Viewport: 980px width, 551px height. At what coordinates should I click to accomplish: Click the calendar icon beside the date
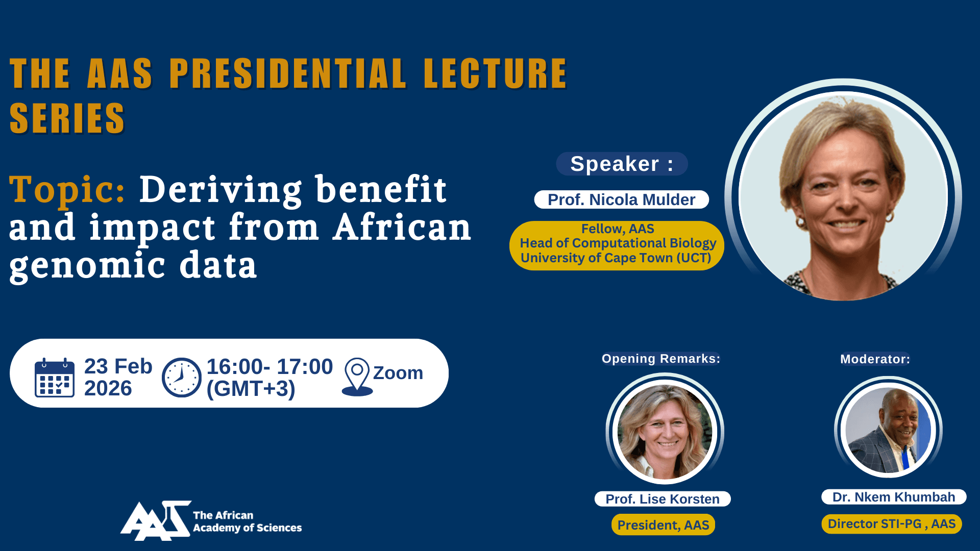click(55, 378)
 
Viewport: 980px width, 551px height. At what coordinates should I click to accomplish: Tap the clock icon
click(181, 378)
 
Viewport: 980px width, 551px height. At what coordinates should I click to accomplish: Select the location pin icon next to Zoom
click(357, 377)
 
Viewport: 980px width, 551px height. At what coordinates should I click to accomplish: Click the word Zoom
click(398, 373)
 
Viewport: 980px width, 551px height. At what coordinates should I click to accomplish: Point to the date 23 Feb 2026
click(118, 377)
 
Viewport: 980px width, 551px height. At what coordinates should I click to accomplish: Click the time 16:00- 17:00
click(269, 367)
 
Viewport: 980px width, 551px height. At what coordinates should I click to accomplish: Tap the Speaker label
click(622, 164)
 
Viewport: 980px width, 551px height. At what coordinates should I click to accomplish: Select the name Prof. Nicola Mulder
click(621, 199)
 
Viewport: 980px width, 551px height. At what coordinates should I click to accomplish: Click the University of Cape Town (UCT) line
click(616, 258)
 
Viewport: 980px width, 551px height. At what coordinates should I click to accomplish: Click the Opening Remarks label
click(661, 359)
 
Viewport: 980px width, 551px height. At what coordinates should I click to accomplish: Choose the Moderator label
click(875, 359)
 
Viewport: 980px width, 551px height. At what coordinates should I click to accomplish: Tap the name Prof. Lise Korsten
click(663, 499)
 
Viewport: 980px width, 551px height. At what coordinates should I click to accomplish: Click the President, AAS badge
click(663, 525)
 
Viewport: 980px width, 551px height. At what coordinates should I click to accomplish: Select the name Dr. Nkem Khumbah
click(893, 497)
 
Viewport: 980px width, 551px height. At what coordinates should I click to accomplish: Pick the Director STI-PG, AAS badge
click(891, 524)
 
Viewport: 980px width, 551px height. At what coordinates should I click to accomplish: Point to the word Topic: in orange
click(67, 190)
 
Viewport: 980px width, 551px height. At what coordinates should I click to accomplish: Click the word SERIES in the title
click(67, 118)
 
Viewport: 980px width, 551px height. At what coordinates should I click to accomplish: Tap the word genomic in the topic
click(87, 265)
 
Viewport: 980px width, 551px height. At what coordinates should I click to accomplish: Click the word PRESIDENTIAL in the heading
click(287, 73)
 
